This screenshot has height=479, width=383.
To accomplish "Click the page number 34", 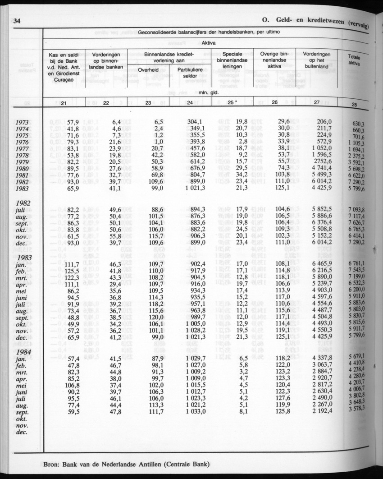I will (x=18, y=20).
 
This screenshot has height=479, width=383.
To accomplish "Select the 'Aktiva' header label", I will (x=209, y=42).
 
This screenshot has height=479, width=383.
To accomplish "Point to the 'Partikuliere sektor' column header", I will (x=190, y=73).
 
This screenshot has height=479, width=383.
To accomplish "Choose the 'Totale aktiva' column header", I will (x=357, y=60).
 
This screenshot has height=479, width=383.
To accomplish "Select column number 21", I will (x=64, y=103).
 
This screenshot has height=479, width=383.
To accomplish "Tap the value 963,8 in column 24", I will (x=196, y=311).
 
